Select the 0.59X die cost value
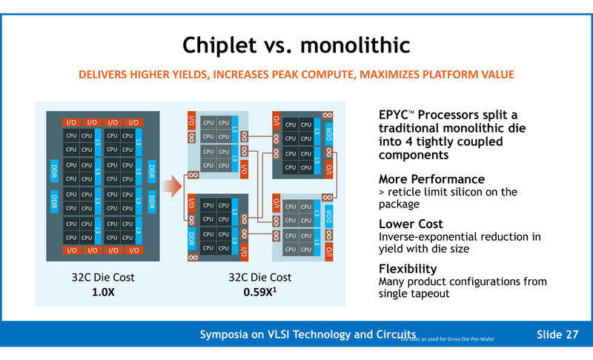pyautogui.click(x=263, y=292)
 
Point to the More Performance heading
pyautogui.click(x=431, y=179)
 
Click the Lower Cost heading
pyautogui.click(x=411, y=224)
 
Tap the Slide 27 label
pyautogui.click(x=557, y=335)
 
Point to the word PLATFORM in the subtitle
pyautogui.click(x=445, y=75)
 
